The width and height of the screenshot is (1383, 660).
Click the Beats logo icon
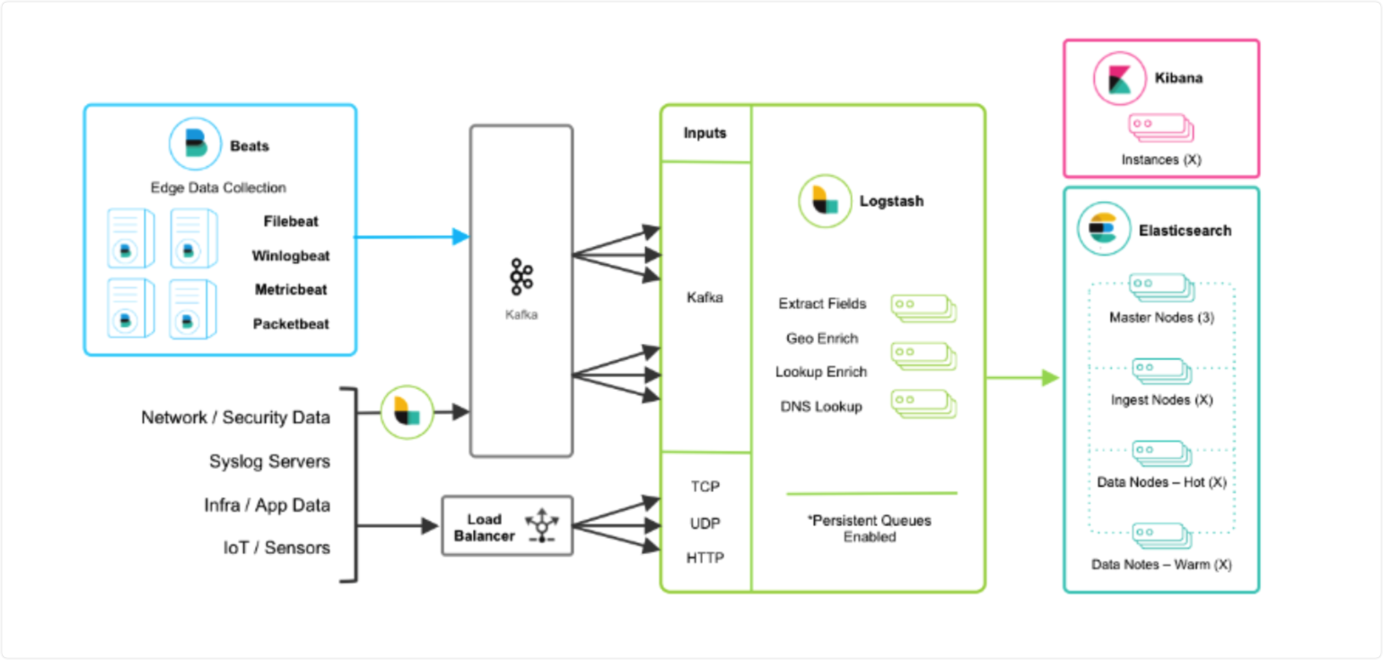click(195, 144)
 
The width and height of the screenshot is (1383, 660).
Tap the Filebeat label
click(291, 221)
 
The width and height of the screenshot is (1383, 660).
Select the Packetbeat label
click(291, 323)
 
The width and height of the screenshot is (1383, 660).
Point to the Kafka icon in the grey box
click(521, 277)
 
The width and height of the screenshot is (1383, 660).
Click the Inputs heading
click(705, 133)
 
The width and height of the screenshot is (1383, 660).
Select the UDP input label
click(705, 523)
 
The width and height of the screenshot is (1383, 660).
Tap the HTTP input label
click(705, 558)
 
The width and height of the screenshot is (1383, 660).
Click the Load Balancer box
click(507, 526)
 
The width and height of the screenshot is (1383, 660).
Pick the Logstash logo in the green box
click(825, 201)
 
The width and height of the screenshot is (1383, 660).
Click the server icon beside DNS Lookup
click(923, 403)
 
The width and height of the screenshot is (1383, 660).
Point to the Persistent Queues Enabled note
click(870, 528)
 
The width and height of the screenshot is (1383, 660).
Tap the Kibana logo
click(1118, 78)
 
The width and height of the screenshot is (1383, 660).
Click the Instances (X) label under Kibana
click(1160, 160)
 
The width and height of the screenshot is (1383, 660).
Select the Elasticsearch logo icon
click(1102, 230)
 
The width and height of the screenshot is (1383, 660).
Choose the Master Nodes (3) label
click(1161, 317)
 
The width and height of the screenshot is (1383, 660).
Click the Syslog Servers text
click(269, 462)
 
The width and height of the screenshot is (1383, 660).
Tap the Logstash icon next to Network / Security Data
click(407, 412)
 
